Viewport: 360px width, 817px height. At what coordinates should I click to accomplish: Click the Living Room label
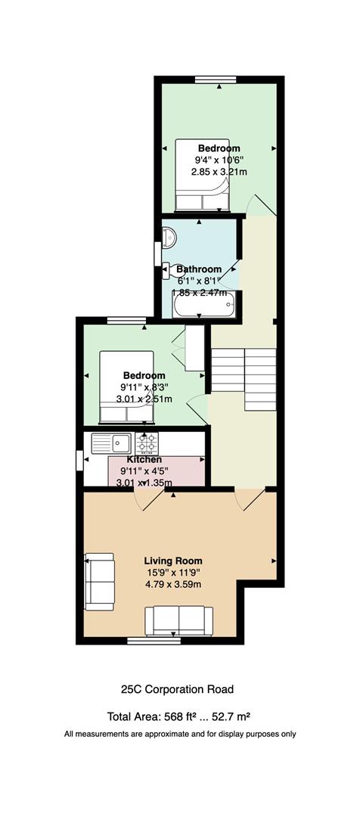point(173,561)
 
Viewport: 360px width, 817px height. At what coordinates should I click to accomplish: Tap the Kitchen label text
point(144,460)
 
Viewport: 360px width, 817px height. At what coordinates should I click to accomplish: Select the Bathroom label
point(198,269)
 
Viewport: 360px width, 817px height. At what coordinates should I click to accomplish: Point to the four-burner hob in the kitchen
point(147,444)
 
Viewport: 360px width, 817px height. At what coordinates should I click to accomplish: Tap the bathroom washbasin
point(169,238)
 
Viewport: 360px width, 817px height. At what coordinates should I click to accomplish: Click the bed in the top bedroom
point(201,175)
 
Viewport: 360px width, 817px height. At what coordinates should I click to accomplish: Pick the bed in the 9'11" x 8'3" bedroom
point(126,386)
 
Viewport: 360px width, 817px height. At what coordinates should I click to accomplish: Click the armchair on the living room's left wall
point(100,582)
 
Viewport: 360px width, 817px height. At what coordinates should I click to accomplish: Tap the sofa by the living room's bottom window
point(178,621)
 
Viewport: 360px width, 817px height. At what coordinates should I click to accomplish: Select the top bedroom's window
point(216,79)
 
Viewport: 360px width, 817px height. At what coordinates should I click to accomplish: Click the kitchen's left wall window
point(79,461)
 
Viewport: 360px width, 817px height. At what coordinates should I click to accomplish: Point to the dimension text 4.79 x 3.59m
point(173,584)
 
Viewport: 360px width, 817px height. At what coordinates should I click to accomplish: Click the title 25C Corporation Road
point(177,689)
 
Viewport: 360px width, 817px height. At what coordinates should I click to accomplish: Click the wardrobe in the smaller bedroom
point(194,349)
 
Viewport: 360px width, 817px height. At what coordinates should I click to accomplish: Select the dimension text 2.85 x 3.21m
point(219,171)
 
